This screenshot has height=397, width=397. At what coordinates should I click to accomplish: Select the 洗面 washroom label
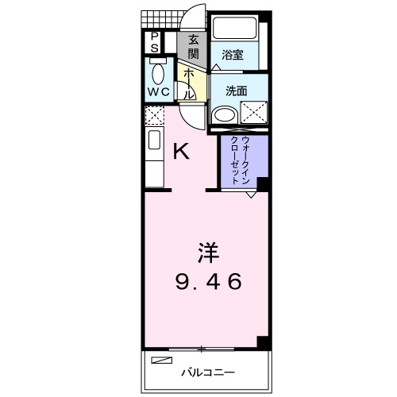coord(237,91)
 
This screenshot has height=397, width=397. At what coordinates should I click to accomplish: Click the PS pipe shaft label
coord(154,41)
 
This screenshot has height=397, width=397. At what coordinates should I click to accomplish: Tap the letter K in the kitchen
coord(181,151)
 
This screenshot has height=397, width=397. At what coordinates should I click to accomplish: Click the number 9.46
coord(208,281)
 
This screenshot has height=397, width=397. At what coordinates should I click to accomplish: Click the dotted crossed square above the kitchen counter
coord(154,115)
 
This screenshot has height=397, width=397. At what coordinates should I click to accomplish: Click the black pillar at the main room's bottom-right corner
coord(264,342)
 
